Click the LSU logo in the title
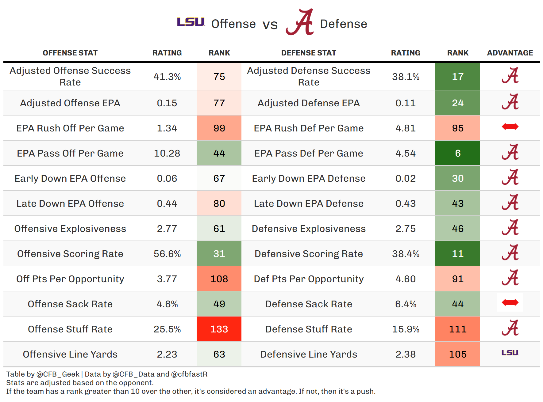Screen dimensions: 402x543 (191, 22)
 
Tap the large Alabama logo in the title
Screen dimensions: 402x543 (300, 22)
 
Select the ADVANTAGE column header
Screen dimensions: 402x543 (510, 53)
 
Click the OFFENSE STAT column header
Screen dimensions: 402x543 (70, 53)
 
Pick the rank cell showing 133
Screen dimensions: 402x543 (219, 329)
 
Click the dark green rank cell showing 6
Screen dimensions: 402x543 (457, 153)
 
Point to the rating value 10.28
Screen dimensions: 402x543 (167, 153)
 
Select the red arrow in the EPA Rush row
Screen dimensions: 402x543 (510, 127)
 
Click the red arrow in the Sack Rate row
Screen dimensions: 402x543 (510, 303)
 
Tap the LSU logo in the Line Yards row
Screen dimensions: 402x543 (510, 353)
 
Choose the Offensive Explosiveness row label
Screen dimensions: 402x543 (70, 229)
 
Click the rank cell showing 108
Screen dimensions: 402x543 (219, 279)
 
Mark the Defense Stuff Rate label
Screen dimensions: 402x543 (309, 329)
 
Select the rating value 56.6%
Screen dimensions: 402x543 (167, 254)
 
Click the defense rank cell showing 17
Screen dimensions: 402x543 (457, 77)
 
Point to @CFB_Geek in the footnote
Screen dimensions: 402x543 (58, 374)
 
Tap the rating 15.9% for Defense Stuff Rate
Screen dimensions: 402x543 (406, 329)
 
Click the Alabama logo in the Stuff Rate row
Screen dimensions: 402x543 (510, 328)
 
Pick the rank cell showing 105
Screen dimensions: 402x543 (457, 354)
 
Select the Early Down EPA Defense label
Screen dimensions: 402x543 (309, 178)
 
